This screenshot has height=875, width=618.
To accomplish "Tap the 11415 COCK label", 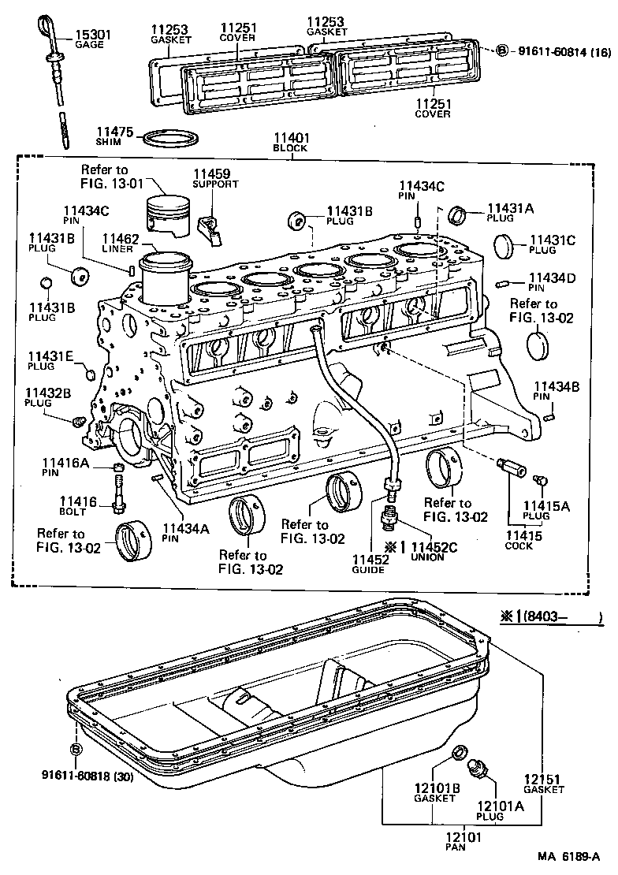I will pyautogui.click(x=518, y=540).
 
